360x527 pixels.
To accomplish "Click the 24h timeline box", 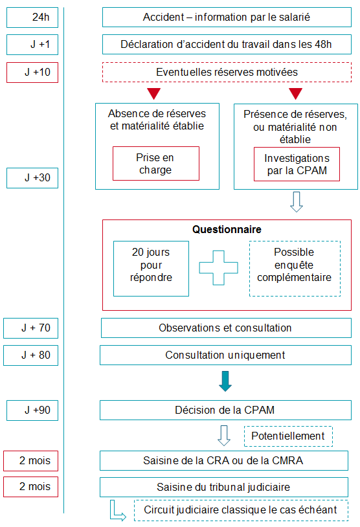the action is (32, 17).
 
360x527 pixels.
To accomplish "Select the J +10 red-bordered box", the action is (32, 73).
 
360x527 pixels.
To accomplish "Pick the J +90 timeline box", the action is (32, 410).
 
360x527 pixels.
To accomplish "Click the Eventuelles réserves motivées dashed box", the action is (227, 73).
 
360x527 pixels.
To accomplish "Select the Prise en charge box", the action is (156, 164).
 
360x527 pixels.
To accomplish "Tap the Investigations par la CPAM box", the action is (297, 164).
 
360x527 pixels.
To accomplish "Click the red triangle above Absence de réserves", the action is (154, 93).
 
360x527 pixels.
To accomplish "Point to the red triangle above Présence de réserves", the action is (296, 93).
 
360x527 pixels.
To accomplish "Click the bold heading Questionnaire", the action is (227, 230).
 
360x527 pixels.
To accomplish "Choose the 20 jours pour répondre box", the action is (152, 269).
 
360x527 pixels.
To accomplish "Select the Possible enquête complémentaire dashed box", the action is (295, 269).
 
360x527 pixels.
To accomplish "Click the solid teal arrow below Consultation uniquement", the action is (225, 381).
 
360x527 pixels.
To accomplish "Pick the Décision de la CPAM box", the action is (225, 410).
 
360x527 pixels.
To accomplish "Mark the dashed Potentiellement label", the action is (288, 436).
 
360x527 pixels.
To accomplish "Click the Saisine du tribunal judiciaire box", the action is (224, 487).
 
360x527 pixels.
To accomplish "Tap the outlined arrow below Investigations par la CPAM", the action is (297, 202).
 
